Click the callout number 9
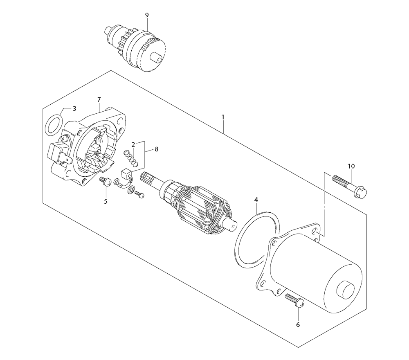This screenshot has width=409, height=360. tap(147, 15)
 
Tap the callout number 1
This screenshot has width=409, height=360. tap(223, 117)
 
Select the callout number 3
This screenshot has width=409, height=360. tap(74, 108)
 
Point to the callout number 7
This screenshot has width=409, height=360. tap(99, 100)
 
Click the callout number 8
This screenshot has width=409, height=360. tap(157, 149)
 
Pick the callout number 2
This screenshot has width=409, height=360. tap(133, 144)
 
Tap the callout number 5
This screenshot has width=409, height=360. tap(106, 201)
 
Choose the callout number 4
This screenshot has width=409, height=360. tap(256, 200)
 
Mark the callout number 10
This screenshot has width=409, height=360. tap(351, 166)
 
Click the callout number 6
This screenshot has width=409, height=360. tap(298, 324)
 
